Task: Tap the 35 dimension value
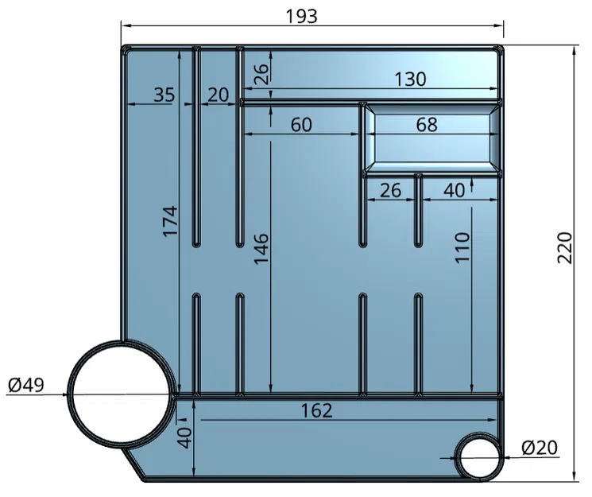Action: click(164, 95)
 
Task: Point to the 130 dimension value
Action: click(410, 79)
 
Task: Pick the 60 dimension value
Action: click(301, 125)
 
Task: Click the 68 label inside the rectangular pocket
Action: click(427, 125)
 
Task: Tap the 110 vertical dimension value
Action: click(463, 249)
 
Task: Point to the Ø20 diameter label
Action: click(540, 448)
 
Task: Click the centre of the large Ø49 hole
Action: click(121, 392)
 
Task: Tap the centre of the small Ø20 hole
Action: click(478, 457)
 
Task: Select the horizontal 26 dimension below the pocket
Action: click(391, 191)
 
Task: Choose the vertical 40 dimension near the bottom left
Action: click(184, 438)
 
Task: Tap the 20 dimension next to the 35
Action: click(218, 95)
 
